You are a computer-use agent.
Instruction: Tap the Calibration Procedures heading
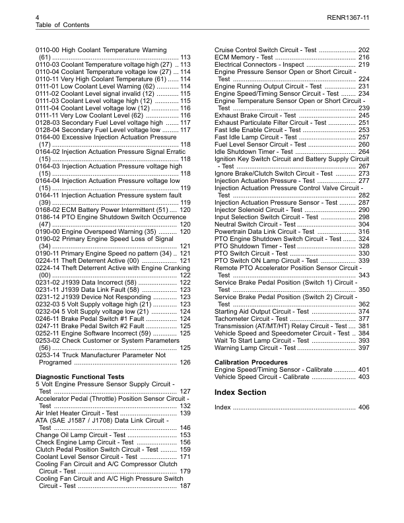[x=252, y=363]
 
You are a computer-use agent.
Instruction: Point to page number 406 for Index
[x=363, y=407]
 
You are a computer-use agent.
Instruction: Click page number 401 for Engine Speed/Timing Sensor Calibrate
[x=363, y=370]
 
